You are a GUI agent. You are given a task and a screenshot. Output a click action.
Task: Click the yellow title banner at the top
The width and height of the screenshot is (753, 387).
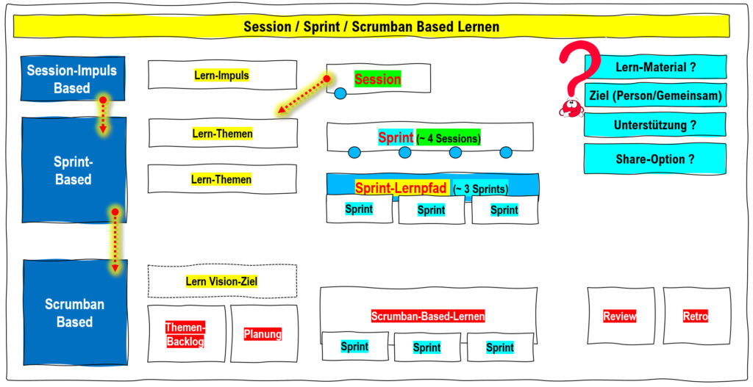[x=371, y=26]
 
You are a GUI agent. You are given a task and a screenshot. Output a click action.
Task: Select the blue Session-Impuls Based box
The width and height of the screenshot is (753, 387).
[x=72, y=79]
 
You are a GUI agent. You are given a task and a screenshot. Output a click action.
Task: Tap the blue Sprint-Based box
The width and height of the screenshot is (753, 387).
[x=74, y=170]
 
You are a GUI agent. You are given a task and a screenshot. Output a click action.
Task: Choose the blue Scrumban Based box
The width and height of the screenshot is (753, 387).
[x=75, y=312]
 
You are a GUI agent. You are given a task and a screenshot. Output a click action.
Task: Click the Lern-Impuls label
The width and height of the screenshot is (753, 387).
[x=222, y=76]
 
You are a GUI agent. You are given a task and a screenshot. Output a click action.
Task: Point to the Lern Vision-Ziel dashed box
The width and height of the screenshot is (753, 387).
[x=222, y=281]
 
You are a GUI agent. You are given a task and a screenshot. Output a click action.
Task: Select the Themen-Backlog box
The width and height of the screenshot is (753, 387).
[x=186, y=334]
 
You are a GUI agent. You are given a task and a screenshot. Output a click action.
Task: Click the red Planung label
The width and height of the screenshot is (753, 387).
[x=263, y=334]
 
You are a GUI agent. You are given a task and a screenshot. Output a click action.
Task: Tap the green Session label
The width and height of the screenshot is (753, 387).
[x=378, y=79]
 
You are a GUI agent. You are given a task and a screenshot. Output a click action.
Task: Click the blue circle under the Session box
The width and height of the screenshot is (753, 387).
[x=340, y=93]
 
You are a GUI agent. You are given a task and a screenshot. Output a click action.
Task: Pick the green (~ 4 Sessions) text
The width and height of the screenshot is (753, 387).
[x=449, y=139]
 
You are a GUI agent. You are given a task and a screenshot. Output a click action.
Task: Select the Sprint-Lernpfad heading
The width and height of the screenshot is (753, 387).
[x=402, y=187]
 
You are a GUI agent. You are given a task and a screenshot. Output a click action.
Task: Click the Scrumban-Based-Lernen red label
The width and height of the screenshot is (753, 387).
[x=428, y=317]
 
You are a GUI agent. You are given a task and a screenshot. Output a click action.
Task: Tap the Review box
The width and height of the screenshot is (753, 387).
[x=621, y=316]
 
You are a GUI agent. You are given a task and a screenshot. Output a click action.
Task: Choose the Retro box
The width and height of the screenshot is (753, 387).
[x=697, y=316]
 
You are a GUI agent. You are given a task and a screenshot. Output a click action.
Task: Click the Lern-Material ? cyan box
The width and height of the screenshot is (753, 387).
[x=655, y=67]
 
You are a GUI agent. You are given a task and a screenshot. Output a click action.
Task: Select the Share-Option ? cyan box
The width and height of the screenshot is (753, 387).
[x=655, y=159]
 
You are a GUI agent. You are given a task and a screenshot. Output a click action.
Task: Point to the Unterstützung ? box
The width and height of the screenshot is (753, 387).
[x=655, y=125]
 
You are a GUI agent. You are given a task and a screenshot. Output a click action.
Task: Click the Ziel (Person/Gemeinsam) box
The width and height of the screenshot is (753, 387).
[x=655, y=95]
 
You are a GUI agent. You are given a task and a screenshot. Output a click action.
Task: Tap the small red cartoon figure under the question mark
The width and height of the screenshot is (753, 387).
[x=571, y=108]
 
